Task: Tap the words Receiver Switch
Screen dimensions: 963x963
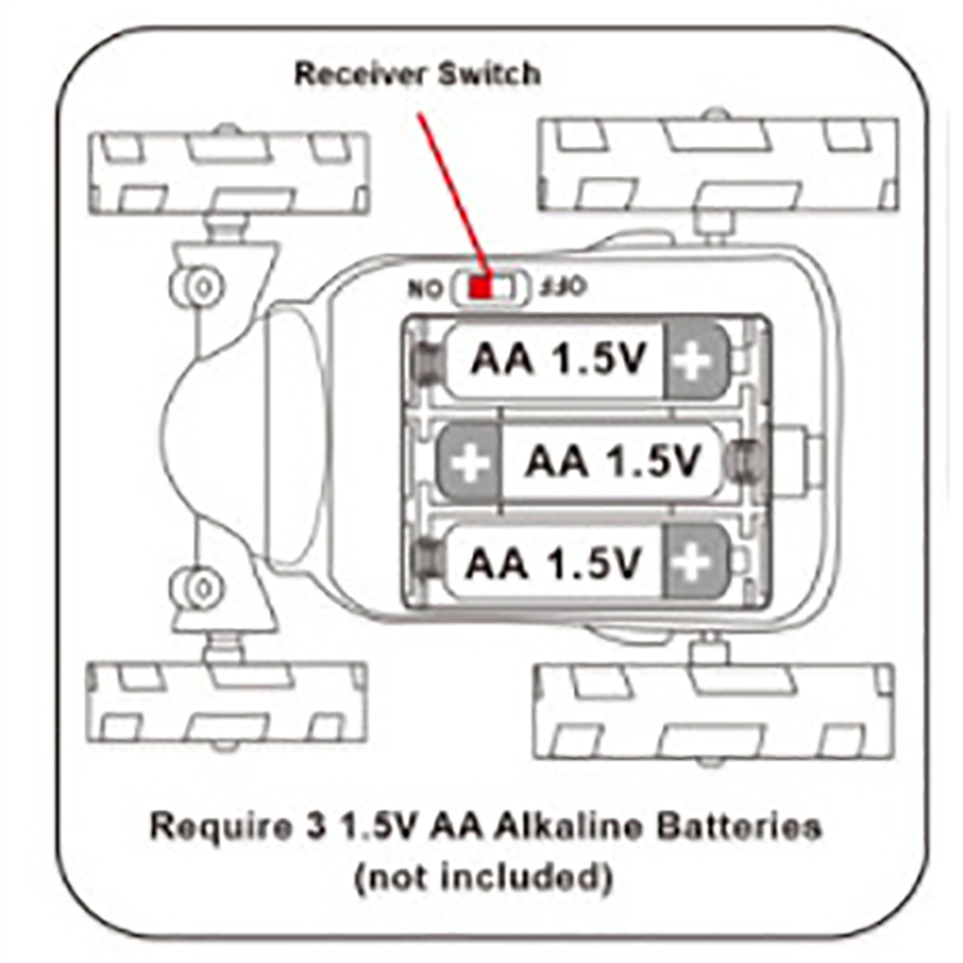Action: click(x=417, y=75)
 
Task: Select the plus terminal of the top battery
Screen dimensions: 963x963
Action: click(x=695, y=360)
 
